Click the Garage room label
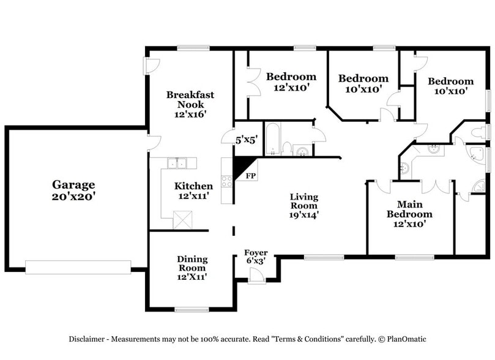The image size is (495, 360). [73, 184]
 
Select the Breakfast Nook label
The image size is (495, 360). [190, 99]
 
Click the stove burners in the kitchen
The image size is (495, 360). [226, 181]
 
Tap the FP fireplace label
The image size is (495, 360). [250, 176]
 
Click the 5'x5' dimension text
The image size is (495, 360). [247, 140]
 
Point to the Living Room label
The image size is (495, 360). [304, 201]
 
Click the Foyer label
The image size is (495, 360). [256, 253]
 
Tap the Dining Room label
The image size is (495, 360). [192, 263]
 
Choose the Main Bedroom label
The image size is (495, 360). [409, 209]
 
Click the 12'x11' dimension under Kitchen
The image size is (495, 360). [194, 197]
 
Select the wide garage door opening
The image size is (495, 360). [78, 267]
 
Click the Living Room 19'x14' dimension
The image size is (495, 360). [304, 215]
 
